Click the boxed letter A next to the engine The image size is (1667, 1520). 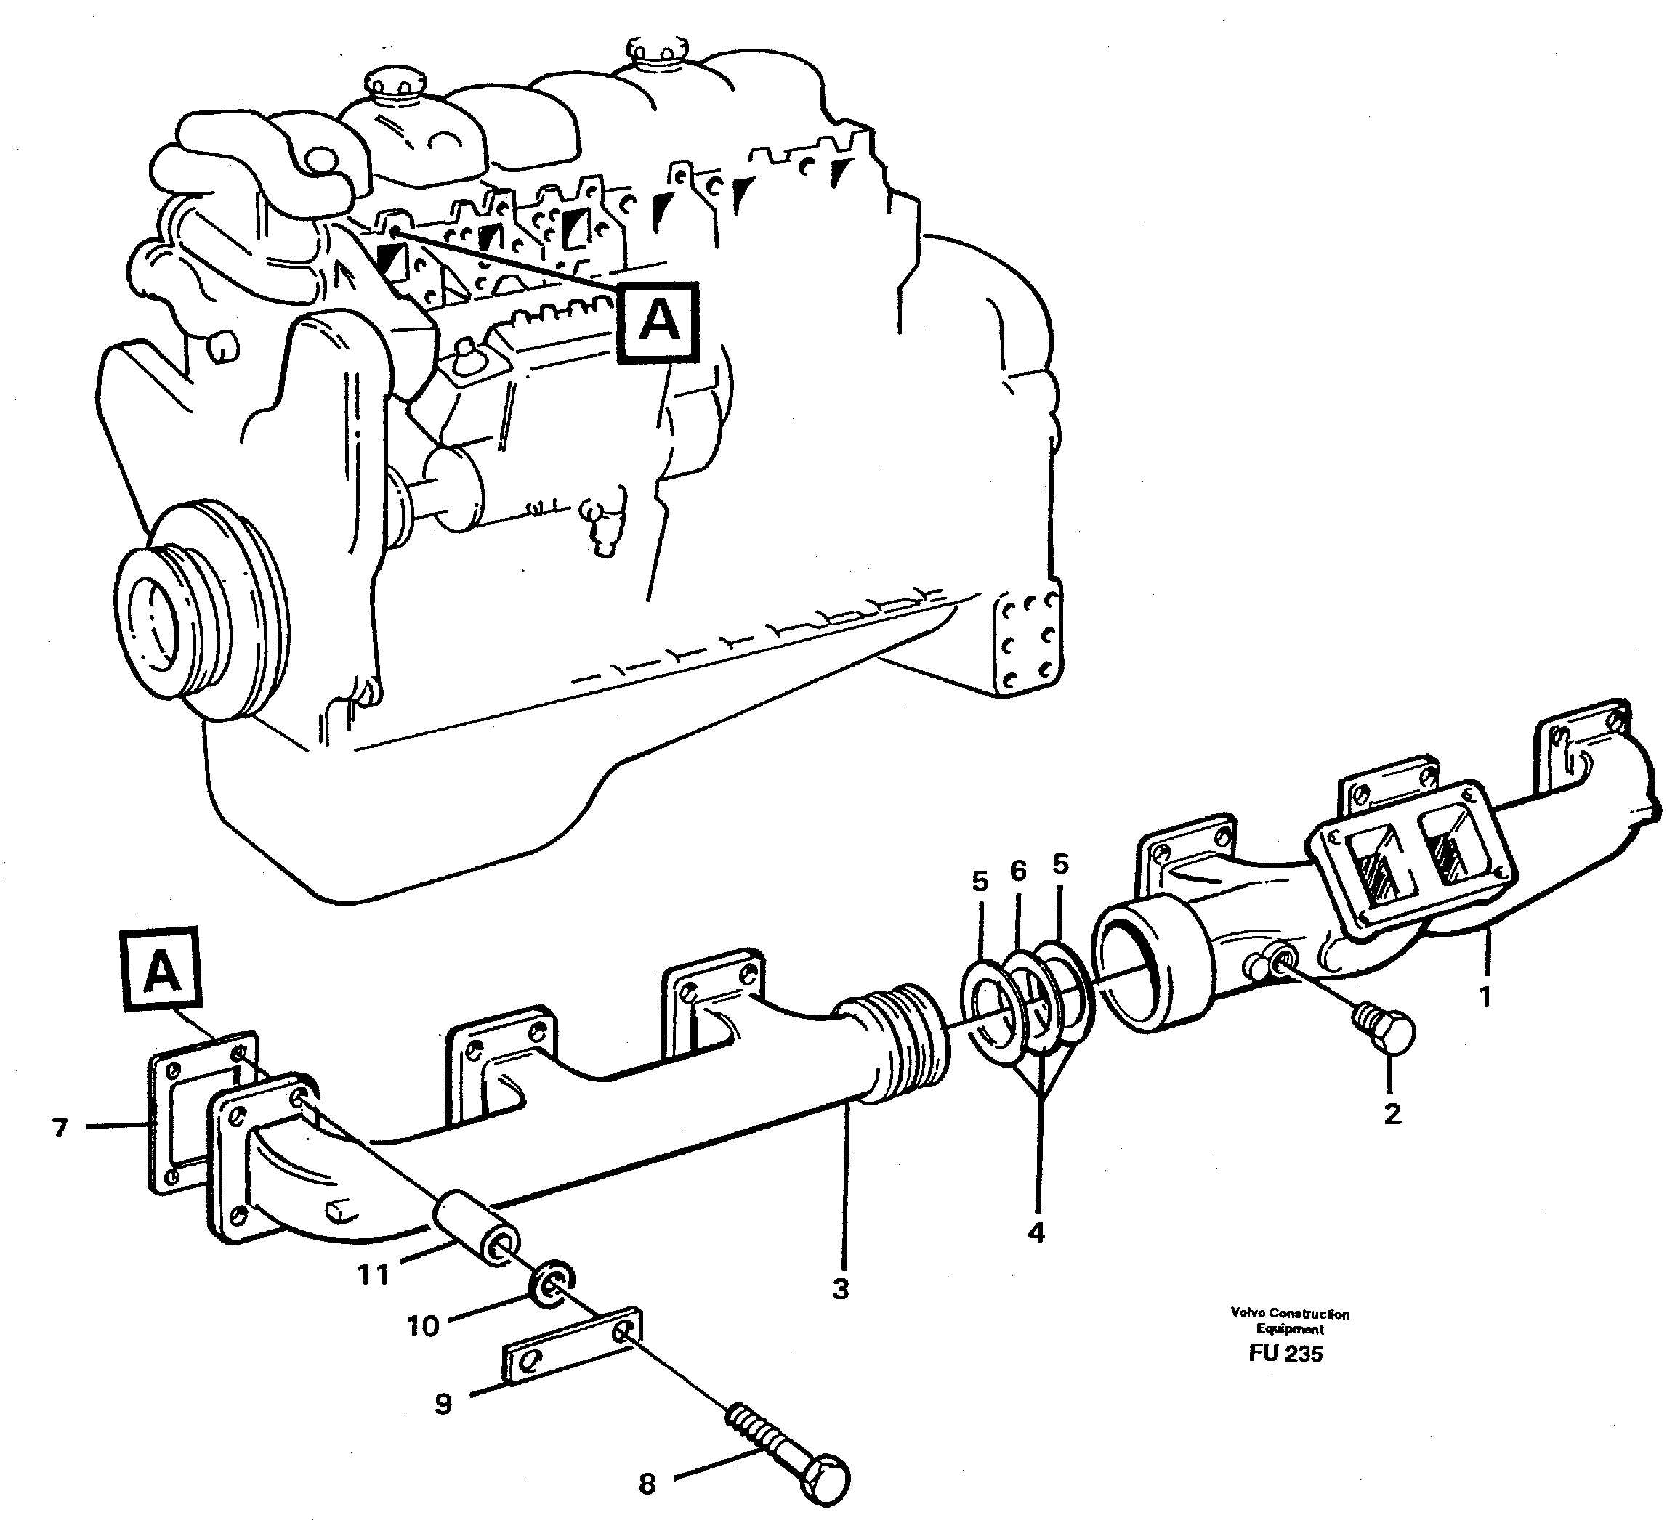[x=659, y=323]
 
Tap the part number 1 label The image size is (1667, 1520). [x=1485, y=996]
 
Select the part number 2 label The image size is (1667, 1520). [x=1392, y=1114]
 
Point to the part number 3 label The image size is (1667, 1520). [x=841, y=1288]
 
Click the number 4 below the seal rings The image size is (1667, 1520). [x=1036, y=1232]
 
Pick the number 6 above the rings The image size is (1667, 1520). [x=1018, y=870]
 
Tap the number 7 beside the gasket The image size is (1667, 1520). [x=60, y=1127]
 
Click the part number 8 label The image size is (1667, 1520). [x=647, y=1484]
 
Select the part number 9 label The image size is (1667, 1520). [x=443, y=1404]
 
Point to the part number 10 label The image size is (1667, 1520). [x=422, y=1326]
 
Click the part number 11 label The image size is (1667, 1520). [x=373, y=1274]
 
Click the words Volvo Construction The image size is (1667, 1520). [x=1289, y=1313]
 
